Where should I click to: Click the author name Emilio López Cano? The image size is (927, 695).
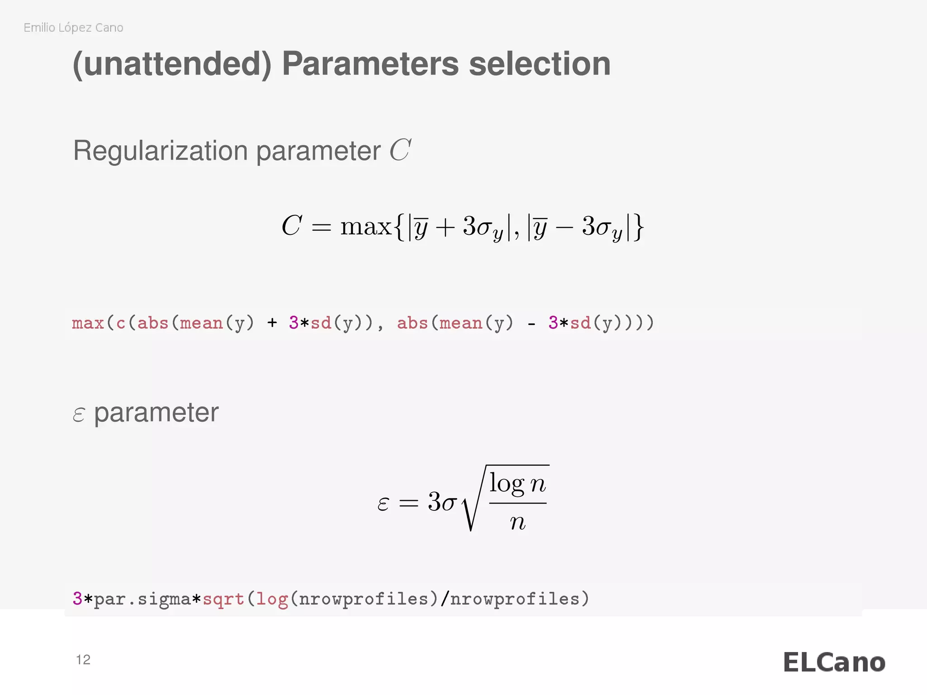point(73,28)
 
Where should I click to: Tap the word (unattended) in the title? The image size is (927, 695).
point(172,64)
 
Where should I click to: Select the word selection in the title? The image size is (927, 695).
point(540,64)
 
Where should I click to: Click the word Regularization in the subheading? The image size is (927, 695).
point(161,151)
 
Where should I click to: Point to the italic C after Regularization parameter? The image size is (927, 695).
point(400,150)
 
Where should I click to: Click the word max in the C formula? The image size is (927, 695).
point(366,226)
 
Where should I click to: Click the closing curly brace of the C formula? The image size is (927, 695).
point(639,227)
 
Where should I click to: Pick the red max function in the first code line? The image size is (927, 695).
point(88,323)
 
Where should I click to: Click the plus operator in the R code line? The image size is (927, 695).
point(272,323)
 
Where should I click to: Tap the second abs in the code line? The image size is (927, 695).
point(412,323)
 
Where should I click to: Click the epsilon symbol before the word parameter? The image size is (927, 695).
point(79,414)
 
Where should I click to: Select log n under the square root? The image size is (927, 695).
point(518,484)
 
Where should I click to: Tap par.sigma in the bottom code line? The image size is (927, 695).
point(142,599)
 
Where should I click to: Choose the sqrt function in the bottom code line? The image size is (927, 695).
point(223,599)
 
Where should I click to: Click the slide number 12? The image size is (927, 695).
point(83,660)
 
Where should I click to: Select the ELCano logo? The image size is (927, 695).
point(834,662)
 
